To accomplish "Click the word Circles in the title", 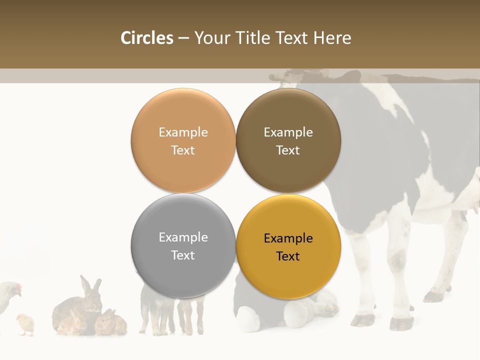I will pyautogui.click(x=146, y=38).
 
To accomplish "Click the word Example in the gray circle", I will pyautogui.click(x=183, y=237).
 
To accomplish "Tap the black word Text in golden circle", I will pyautogui.click(x=288, y=256).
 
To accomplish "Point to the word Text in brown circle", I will pyautogui.click(x=288, y=150).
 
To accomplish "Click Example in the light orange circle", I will pyautogui.click(x=183, y=132).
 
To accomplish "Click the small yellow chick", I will pyautogui.click(x=25, y=324).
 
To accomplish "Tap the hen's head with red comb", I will pyautogui.click(x=15, y=289).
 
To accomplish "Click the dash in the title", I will pyautogui.click(x=183, y=38).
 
